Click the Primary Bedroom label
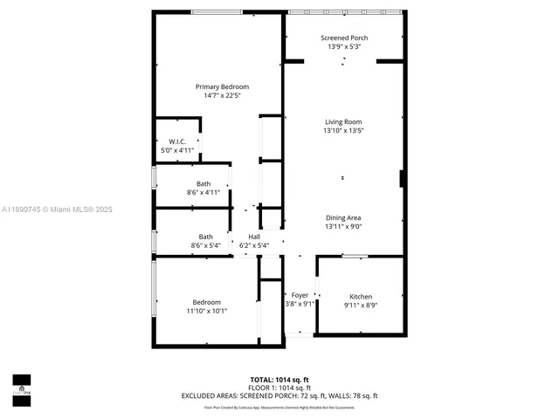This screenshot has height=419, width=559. click(x=222, y=86)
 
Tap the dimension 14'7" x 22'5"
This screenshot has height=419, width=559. click(x=222, y=95)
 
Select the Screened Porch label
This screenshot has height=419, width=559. click(x=344, y=38)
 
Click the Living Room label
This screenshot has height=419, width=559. click(x=343, y=121)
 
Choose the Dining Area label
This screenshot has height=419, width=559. click(x=343, y=217)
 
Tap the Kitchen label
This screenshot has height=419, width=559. click(x=361, y=296)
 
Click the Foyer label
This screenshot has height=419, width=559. click(x=300, y=295)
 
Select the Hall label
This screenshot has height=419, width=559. click(x=254, y=237)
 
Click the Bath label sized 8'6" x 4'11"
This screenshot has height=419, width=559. click(x=204, y=183)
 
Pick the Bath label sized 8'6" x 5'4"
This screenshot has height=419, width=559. click(x=205, y=237)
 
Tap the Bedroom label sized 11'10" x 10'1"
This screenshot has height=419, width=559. click(x=207, y=302)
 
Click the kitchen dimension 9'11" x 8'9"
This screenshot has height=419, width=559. click(x=361, y=305)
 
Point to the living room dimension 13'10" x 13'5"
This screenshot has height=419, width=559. click(x=343, y=130)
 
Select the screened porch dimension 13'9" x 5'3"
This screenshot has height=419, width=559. click(x=344, y=47)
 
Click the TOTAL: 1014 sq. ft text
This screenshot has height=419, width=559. click(x=279, y=380)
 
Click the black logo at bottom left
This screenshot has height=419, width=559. click(x=21, y=385)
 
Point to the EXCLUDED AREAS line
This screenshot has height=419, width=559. click(x=279, y=395)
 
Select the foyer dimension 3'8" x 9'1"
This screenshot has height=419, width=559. click(x=300, y=304)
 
